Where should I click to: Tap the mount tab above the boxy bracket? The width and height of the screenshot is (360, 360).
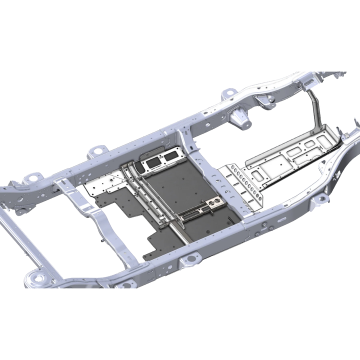pyautogui.click(x=228, y=93)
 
